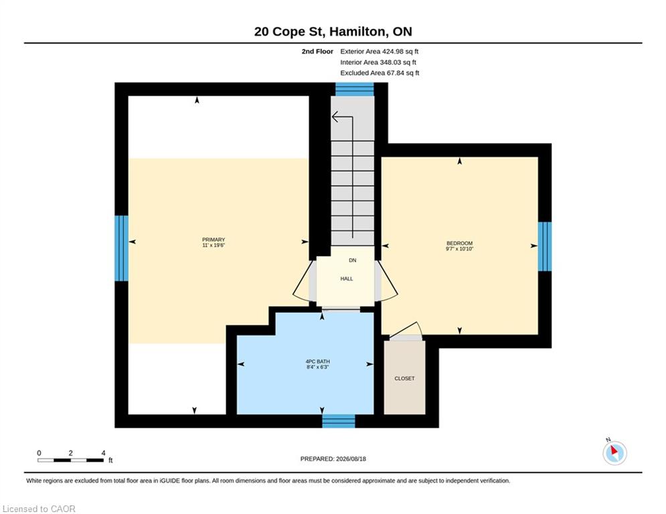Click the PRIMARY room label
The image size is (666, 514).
pos(214,240)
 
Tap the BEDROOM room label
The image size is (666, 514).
pos(460,244)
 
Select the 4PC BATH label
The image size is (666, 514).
pos(318,361)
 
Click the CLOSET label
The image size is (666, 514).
pos(404,379)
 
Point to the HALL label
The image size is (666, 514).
pos(347,279)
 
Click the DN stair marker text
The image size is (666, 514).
pos(353,260)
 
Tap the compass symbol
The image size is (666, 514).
pos(614,452)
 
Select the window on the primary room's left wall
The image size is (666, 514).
pos(121,248)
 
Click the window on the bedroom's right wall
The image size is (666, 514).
pos(545,246)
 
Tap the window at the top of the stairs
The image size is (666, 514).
pos(355,89)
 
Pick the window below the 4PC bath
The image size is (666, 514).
pos(339,421)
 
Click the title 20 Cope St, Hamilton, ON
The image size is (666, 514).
pos(333,31)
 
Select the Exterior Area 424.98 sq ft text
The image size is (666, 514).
pos(380,52)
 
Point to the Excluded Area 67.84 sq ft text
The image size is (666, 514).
pos(380,73)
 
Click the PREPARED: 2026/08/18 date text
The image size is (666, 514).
pos(333,458)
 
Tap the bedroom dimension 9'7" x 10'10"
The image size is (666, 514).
pos(460,249)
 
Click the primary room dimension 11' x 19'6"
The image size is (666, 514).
pos(214,245)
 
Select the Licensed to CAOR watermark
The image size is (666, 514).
pos(39,509)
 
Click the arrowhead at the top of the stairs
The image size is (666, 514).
pos(335,116)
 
